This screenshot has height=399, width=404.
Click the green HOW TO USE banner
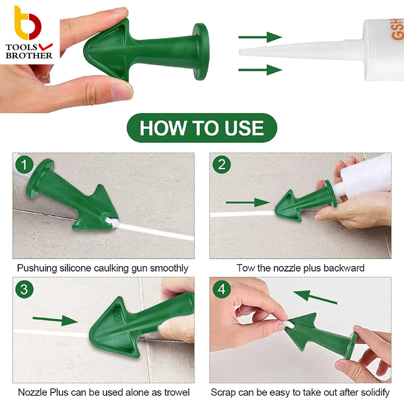202,128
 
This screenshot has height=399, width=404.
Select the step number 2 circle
222,164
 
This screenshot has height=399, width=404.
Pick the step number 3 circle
24,290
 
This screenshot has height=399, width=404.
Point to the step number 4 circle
222,290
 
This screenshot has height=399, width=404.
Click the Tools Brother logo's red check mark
45,46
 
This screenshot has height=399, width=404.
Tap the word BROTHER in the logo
29,56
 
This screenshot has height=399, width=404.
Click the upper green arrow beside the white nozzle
260,37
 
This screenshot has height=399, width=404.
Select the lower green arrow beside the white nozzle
260,70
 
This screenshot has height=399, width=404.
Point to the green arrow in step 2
247,202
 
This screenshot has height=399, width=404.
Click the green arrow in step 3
55,320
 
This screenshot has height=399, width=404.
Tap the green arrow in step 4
315,297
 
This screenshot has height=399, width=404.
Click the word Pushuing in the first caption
37,268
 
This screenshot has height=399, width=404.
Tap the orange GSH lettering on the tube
397,29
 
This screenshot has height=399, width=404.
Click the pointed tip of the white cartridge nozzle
240,52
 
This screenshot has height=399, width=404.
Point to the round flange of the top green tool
201,52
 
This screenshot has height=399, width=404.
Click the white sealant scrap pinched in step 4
289,324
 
